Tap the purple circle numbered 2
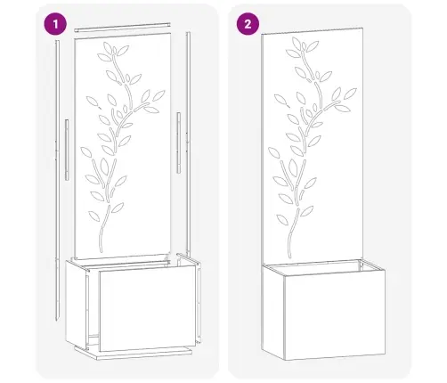[247, 24]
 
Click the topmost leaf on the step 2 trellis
[293, 51]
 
